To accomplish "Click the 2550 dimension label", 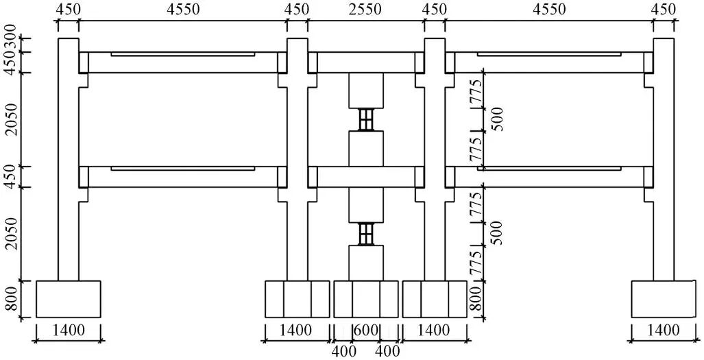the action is point(366,10).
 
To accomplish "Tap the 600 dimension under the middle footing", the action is point(365,331).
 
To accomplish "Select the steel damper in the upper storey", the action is point(367,119).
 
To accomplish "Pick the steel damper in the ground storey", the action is point(367,234).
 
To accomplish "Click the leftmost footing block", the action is point(69,298).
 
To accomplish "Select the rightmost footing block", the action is point(664,298).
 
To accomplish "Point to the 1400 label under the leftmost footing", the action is point(69,331).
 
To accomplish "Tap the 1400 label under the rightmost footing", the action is point(664,331).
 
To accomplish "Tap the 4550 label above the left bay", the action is point(183,10).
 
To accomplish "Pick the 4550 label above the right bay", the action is point(549,10).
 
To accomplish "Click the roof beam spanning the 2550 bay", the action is point(366,62).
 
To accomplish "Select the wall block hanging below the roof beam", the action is point(366,90).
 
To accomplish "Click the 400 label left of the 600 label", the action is point(342,350).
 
